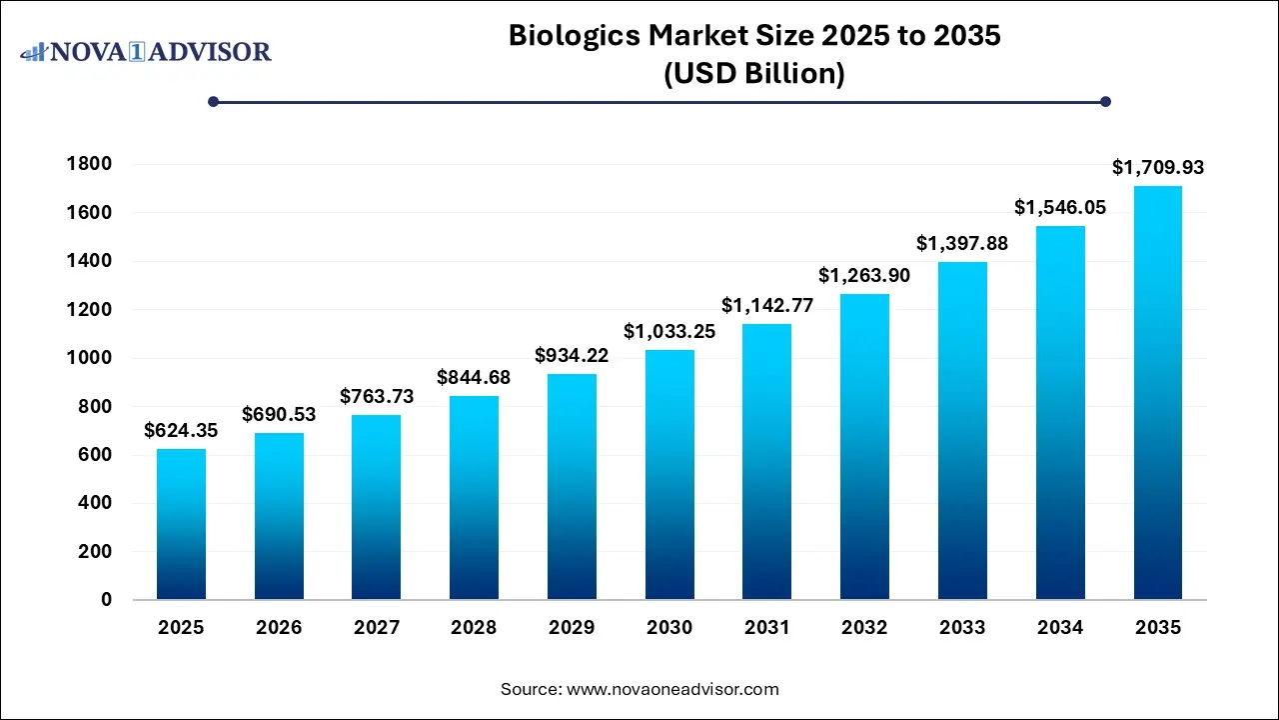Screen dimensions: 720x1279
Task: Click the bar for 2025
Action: pyautogui.click(x=181, y=524)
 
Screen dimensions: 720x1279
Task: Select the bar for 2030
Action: pyautogui.click(x=669, y=474)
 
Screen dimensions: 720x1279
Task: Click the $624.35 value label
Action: pyautogui.click(x=181, y=431)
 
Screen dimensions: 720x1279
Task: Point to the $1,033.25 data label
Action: pyautogui.click(x=669, y=332)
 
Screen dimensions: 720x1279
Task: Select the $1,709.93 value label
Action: pyautogui.click(x=1158, y=168)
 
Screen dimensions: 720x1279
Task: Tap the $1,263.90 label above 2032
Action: pyautogui.click(x=864, y=275)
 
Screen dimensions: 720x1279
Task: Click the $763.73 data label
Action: pyautogui.click(x=377, y=397)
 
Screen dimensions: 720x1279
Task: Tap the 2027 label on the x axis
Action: pyautogui.click(x=377, y=628)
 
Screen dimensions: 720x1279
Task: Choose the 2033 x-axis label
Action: pyautogui.click(x=962, y=628)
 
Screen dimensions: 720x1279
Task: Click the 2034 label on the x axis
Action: pyautogui.click(x=1060, y=628)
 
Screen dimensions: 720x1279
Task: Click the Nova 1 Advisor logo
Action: pyautogui.click(x=146, y=51)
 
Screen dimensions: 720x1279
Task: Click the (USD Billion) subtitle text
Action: pyautogui.click(x=754, y=74)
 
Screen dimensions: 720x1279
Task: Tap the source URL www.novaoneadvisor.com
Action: pyautogui.click(x=672, y=689)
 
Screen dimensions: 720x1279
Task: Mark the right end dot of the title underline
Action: pyautogui.click(x=1105, y=101)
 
